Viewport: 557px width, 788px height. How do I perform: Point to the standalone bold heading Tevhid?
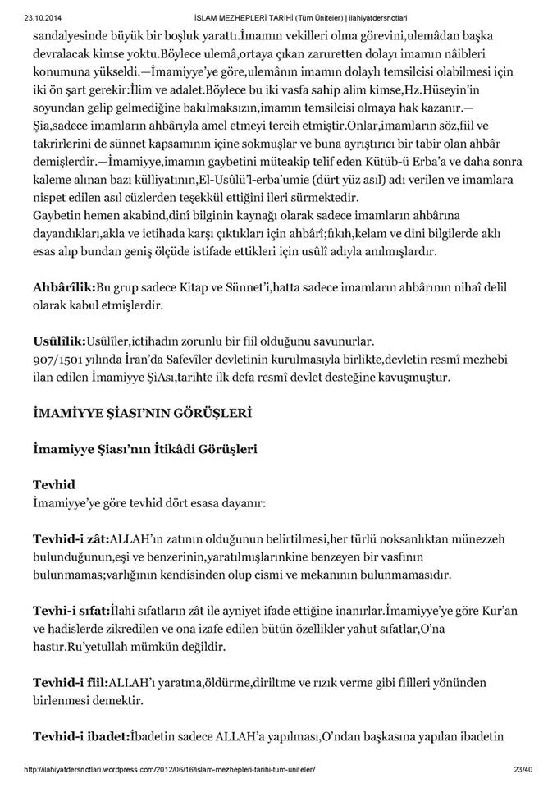pyautogui.click(x=53, y=484)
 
